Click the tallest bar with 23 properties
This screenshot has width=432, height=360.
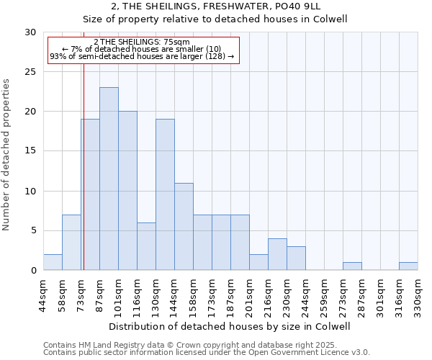pos(109,179)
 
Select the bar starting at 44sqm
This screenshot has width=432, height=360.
pos(53,262)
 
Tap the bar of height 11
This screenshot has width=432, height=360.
pos(184,226)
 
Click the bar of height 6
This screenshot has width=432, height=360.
pos(146,246)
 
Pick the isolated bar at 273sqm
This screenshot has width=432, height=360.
pos(352,266)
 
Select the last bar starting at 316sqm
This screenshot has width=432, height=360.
pos(408,266)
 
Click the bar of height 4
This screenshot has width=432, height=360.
pos(277,254)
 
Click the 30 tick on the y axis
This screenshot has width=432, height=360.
pos(30,32)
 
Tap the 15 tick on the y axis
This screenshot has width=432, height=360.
pos(30,151)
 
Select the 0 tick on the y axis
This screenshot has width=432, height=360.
pos(33,271)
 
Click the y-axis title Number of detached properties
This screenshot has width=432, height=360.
pos(7,155)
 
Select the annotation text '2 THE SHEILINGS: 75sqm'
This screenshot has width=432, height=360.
pos(142,42)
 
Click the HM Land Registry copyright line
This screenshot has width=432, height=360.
pos(205,346)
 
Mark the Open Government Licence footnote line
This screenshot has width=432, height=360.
pos(207,353)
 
